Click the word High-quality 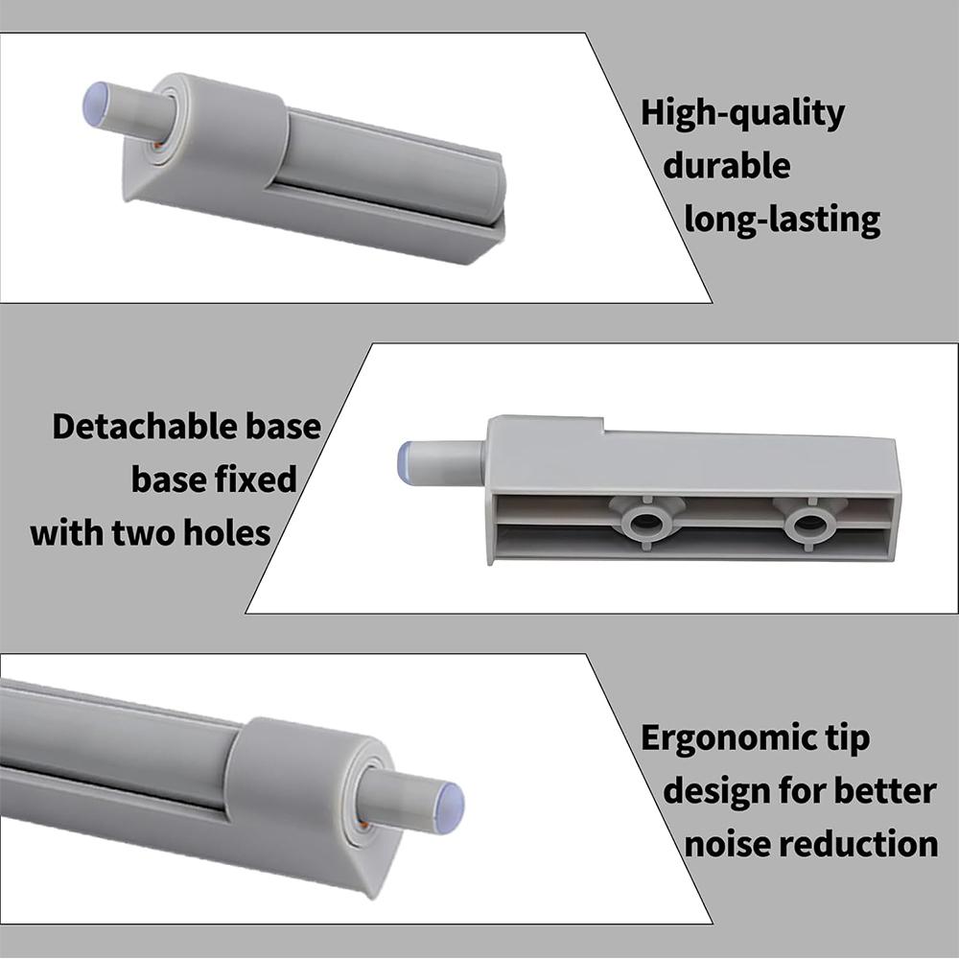[x=742, y=114]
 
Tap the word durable [x=727, y=165]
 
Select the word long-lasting [x=783, y=220]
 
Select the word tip [x=847, y=738]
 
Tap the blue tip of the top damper [x=95, y=105]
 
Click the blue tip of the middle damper [x=406, y=461]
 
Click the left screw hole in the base [x=644, y=525]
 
